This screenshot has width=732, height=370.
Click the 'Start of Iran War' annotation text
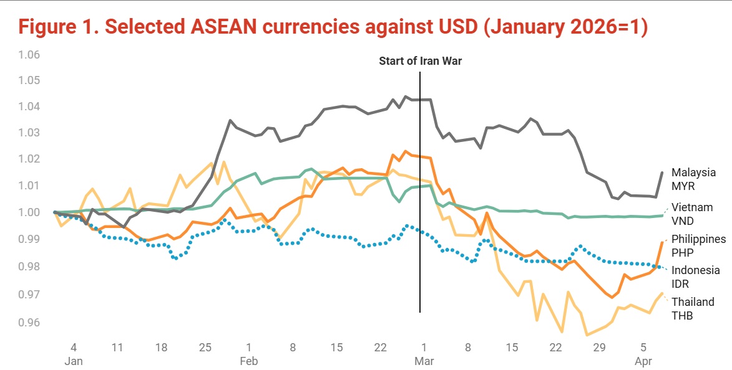(x=420, y=62)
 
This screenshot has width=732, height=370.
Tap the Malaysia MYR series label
(x=693, y=179)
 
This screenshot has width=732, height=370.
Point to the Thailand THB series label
(x=693, y=308)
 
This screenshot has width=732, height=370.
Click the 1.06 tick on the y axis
(x=29, y=55)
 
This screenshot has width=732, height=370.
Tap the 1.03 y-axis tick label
(x=29, y=133)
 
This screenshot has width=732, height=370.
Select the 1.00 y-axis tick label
(x=29, y=212)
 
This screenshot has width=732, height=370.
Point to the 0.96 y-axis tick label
(x=29, y=323)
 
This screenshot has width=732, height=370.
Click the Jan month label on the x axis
(x=73, y=361)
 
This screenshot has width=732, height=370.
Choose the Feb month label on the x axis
(x=248, y=361)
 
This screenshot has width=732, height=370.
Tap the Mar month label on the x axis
(x=424, y=361)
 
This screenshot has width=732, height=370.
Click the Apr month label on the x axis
(x=644, y=361)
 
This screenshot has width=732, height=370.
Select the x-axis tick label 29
(x=600, y=346)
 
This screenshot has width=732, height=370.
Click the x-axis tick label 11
(x=117, y=346)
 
